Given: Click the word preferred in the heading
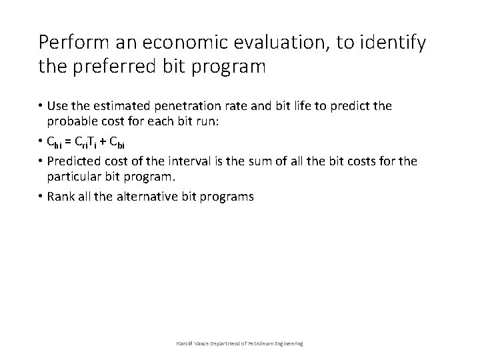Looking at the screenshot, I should [118, 67].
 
